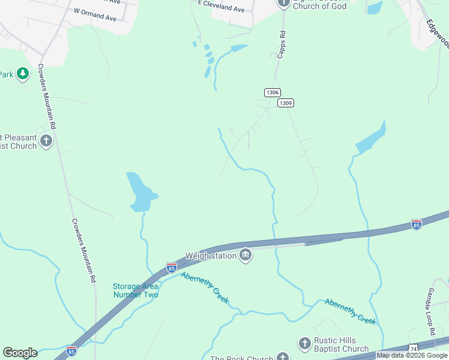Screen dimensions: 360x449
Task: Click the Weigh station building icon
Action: coord(246,256)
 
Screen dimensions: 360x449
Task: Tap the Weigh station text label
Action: coord(211,256)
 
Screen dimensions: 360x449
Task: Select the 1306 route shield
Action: coord(272,92)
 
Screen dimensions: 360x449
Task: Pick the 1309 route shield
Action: coord(285,103)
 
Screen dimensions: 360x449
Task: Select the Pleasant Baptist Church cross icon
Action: coord(46,141)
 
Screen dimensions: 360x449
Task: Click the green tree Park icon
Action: coord(23,74)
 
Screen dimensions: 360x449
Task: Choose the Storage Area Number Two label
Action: coord(136,290)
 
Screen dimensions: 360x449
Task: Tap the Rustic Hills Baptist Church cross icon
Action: coord(304,343)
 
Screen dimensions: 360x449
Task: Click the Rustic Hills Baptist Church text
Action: coord(342,344)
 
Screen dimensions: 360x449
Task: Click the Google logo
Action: coord(20,353)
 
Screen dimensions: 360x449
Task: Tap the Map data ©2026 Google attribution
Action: coord(412,355)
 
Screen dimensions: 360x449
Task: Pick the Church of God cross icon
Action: coord(283,4)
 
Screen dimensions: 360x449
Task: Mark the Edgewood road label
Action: coord(438,32)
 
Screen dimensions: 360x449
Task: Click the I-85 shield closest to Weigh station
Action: coord(172,266)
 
